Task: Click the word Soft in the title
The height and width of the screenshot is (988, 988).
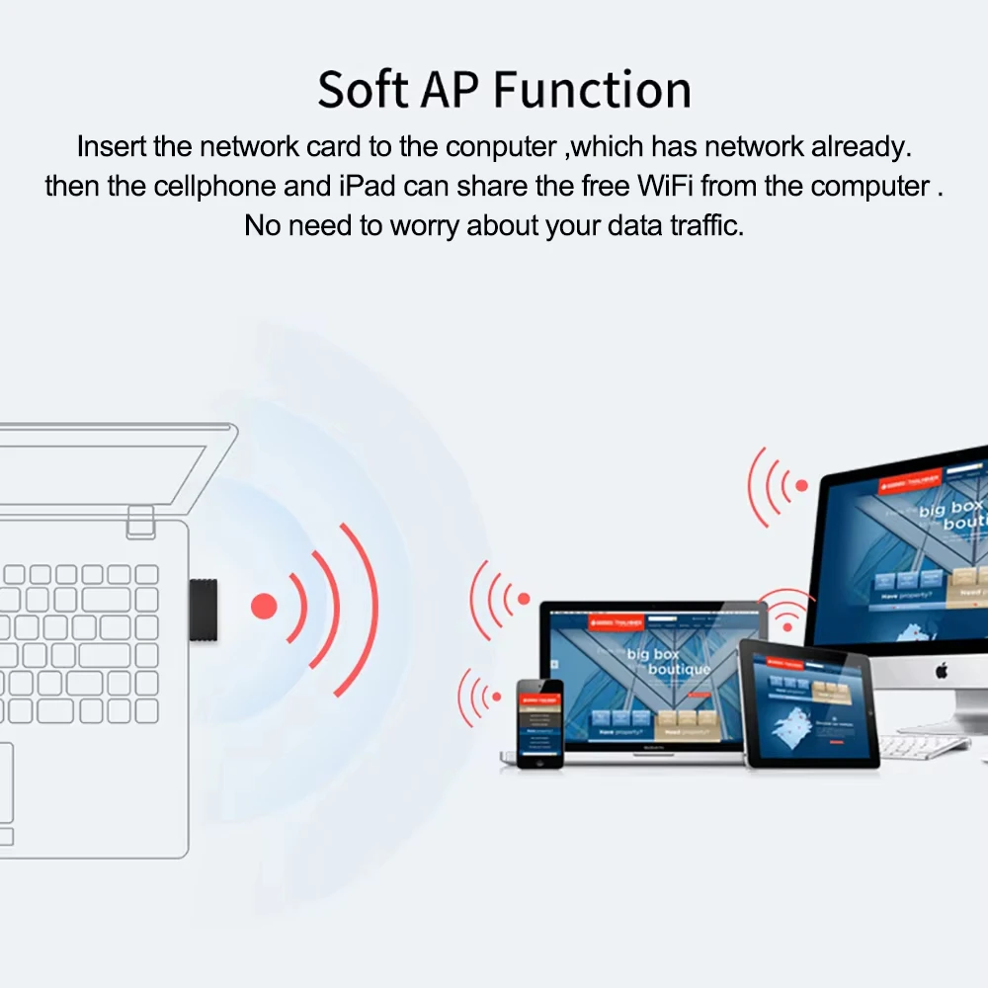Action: tap(362, 90)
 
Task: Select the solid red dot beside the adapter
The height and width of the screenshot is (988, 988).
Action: tap(264, 606)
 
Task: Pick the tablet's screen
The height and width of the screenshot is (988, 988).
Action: tap(809, 703)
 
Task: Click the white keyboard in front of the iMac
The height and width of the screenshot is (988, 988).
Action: tap(924, 746)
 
